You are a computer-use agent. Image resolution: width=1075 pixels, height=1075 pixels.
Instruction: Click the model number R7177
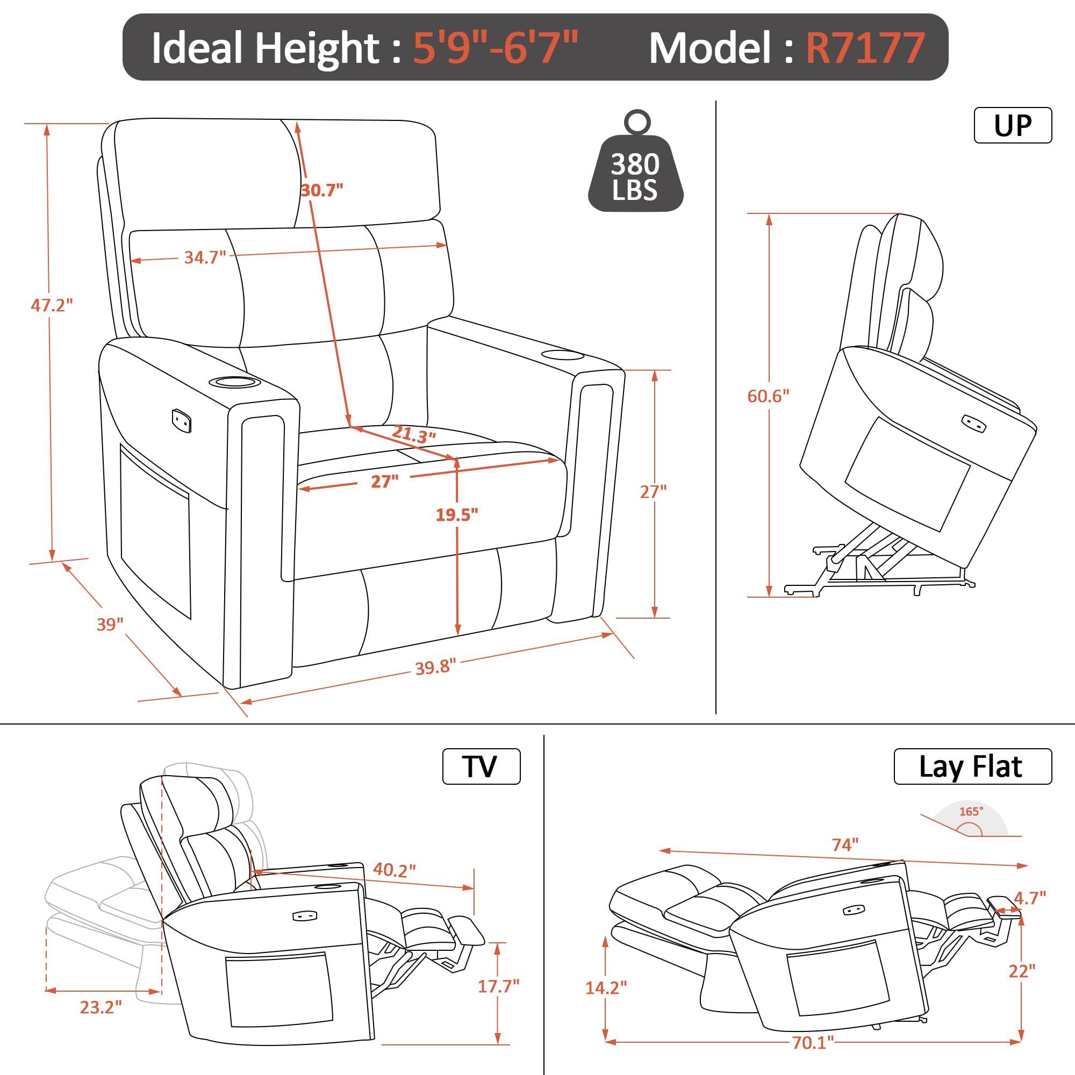pyautogui.click(x=865, y=48)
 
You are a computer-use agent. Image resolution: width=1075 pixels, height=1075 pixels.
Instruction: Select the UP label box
pyautogui.click(x=1013, y=126)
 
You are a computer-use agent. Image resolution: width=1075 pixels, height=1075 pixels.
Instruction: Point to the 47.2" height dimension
pyautogui.click(x=52, y=305)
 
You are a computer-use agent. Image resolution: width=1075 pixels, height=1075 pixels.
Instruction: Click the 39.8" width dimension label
pyautogui.click(x=436, y=666)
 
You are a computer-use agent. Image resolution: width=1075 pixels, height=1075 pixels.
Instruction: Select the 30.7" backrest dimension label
pyautogui.click(x=321, y=190)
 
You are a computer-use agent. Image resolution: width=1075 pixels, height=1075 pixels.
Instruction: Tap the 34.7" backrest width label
pyautogui.click(x=205, y=257)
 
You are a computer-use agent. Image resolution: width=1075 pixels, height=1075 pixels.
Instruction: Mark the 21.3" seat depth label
pyautogui.click(x=413, y=434)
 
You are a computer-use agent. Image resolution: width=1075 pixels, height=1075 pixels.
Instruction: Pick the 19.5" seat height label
pyautogui.click(x=457, y=515)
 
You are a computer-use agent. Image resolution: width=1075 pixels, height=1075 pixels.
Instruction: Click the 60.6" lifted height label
pyautogui.click(x=769, y=396)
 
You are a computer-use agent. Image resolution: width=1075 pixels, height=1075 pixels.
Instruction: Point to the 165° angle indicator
pyautogui.click(x=971, y=827)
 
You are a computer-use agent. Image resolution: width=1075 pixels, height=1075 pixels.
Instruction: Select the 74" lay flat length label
pyautogui.click(x=845, y=844)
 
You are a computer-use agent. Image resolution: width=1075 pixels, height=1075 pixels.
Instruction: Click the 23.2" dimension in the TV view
pyautogui.click(x=101, y=1007)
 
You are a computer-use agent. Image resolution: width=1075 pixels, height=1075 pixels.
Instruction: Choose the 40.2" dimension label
pyautogui.click(x=394, y=870)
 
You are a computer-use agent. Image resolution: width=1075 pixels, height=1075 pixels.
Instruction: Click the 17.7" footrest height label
pyautogui.click(x=499, y=986)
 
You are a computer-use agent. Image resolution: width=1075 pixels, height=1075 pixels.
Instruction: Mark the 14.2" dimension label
pyautogui.click(x=606, y=987)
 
